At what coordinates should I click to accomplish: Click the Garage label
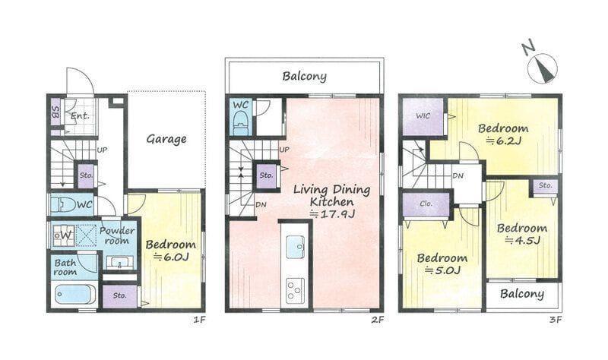[x=166, y=139]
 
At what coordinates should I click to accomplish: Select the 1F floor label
[x=199, y=320]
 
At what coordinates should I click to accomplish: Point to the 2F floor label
[x=377, y=320]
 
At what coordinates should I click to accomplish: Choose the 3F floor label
[x=556, y=320]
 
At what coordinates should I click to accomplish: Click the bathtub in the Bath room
[x=75, y=295]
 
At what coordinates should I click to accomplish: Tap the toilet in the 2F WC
[x=241, y=123]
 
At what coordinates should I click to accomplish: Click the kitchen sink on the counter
[x=296, y=247]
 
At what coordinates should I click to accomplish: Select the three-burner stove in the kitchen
[x=296, y=291]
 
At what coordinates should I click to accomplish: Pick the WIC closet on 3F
[x=423, y=116]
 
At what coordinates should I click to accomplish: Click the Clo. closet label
[x=426, y=204]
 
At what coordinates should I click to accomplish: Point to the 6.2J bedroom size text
[x=503, y=141]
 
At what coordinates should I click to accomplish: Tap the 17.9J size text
[x=332, y=213]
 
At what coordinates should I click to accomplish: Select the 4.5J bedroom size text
[x=522, y=241]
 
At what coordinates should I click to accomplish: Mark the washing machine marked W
[x=63, y=235]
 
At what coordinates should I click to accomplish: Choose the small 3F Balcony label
[x=522, y=294]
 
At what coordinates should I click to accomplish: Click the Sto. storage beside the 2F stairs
[x=267, y=175]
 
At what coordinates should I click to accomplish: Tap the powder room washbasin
[x=120, y=263]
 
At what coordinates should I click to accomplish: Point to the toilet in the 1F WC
[x=63, y=204]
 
